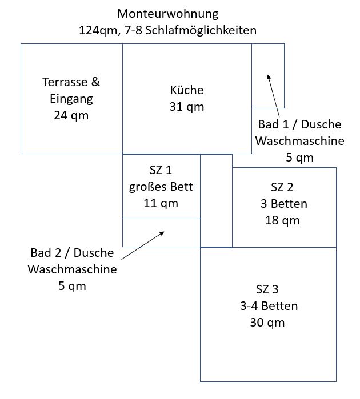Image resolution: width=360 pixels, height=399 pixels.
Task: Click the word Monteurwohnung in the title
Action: click(x=167, y=13)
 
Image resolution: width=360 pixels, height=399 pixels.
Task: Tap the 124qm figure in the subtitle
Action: click(x=97, y=30)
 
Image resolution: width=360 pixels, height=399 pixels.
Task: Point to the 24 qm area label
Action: click(x=71, y=115)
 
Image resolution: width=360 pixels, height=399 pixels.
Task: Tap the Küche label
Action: click(x=187, y=90)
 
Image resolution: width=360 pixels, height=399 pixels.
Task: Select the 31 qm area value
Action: click(x=187, y=107)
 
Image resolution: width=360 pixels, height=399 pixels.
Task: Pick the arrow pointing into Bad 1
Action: click(x=274, y=91)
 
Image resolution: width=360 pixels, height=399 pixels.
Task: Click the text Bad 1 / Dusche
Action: click(x=300, y=124)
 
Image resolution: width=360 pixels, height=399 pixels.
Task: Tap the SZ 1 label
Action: click(x=161, y=170)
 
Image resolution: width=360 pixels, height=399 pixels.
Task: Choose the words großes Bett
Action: click(x=161, y=186)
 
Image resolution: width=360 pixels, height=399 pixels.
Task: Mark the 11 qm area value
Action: click(x=161, y=203)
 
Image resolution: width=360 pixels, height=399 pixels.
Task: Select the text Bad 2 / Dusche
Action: click(x=72, y=252)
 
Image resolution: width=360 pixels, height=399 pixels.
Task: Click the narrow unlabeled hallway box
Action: click(x=216, y=200)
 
